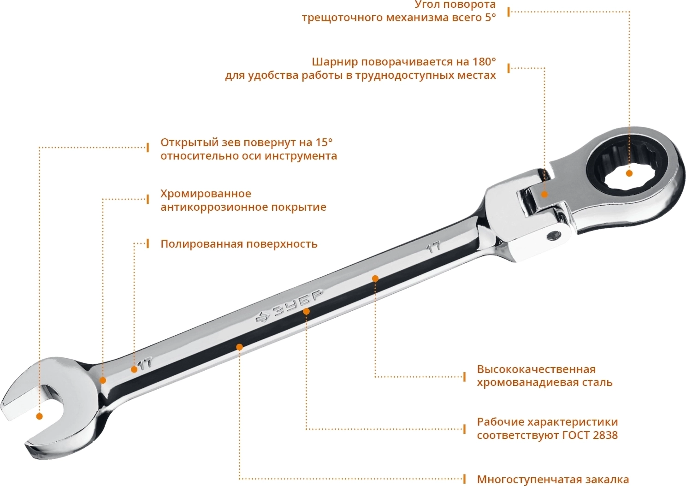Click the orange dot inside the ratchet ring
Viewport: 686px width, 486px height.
(629, 173)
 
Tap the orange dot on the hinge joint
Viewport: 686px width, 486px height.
(544, 194)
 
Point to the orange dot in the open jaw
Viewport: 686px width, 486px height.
(39, 416)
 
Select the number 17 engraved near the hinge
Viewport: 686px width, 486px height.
(434, 247)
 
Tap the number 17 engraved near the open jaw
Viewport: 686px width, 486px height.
(145, 363)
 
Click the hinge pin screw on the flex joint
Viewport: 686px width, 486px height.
(555, 235)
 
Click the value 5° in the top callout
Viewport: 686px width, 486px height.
(490, 18)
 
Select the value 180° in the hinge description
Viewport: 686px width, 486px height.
(484, 62)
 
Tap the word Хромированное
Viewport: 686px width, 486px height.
(206, 194)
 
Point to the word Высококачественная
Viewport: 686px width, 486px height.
(536, 369)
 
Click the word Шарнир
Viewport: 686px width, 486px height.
(335, 62)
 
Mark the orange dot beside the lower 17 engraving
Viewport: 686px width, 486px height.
(134, 370)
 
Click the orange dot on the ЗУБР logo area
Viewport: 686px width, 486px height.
(306, 311)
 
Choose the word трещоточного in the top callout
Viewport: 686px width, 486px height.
(343, 18)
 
